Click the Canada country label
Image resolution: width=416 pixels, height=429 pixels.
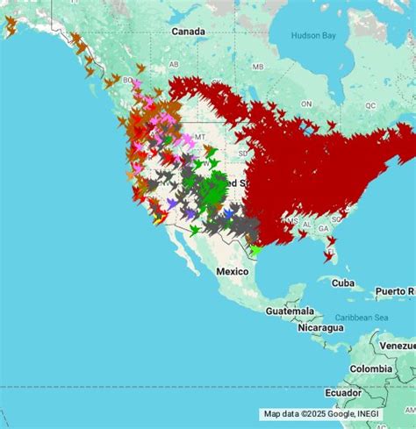coord(188,32)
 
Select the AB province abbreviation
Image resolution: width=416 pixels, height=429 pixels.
coord(174,64)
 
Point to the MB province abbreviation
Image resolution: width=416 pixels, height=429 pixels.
coord(258,67)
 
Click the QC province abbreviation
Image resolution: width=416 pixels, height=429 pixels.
coord(370,104)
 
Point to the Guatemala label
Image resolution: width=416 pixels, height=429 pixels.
coord(292,311)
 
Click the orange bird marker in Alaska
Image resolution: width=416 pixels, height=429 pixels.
coord(11,27)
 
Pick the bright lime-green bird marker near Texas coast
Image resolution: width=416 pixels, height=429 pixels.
coord(255,250)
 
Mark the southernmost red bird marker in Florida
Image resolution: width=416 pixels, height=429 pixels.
coord(328,257)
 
